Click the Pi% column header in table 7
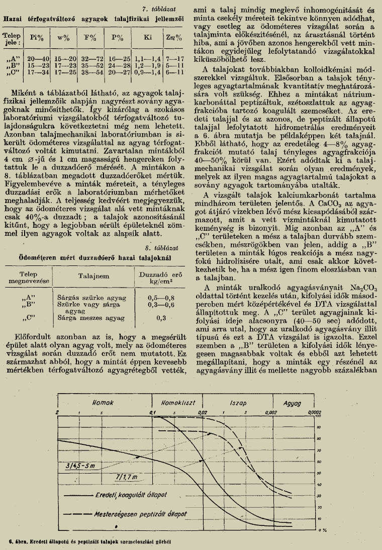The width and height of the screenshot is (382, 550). point(36,38)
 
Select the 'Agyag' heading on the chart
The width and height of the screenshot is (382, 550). point(293,404)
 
